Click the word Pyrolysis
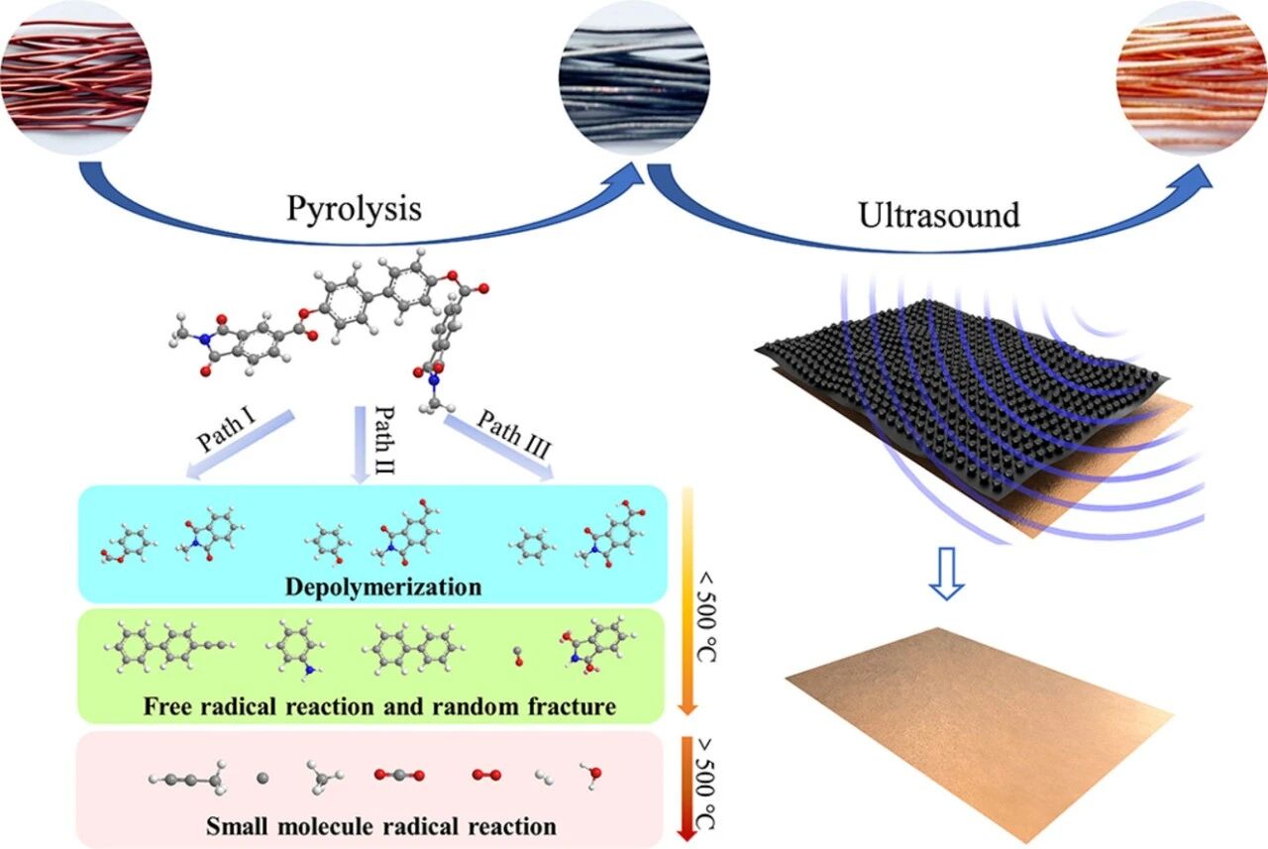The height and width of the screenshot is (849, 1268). (354, 210)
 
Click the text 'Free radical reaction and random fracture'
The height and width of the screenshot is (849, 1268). (379, 707)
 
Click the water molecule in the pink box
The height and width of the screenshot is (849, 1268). (591, 772)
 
